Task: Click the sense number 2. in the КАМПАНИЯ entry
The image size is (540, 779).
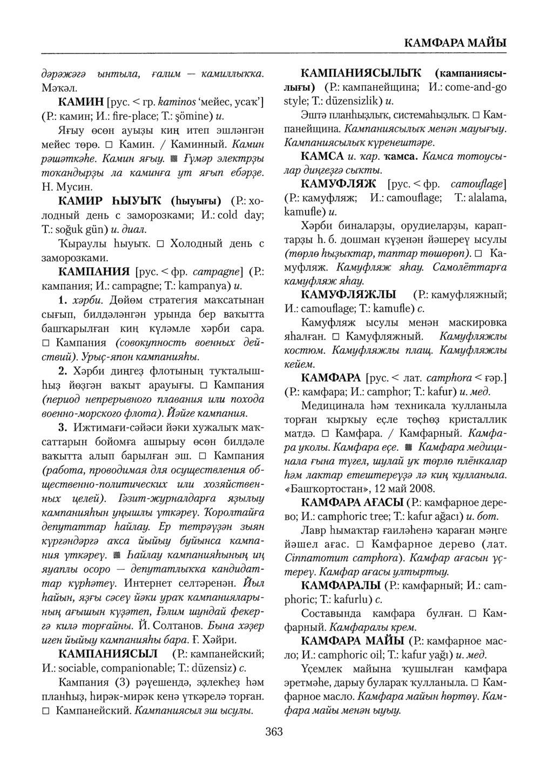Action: [x=62, y=370]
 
